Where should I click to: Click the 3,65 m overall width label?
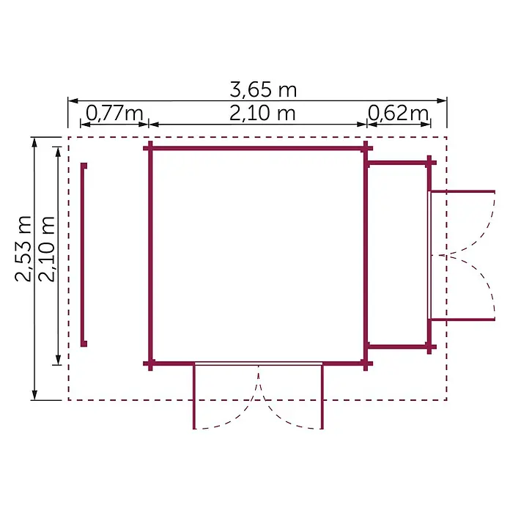263,89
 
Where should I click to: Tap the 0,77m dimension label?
114,113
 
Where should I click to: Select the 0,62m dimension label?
398,113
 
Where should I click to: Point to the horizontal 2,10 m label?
262,113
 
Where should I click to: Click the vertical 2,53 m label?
23,248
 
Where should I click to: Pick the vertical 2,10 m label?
46,248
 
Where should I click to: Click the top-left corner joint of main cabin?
150,148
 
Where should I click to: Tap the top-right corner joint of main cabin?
366,148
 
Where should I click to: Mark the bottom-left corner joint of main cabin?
150,363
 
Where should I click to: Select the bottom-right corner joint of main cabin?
366,363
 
